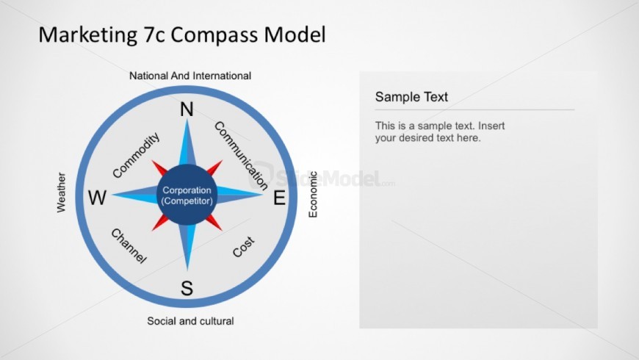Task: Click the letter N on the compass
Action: [187, 109]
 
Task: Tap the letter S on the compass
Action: [187, 288]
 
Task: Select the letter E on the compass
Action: [279, 198]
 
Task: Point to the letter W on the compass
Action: [98, 198]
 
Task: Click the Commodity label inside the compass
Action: [136, 155]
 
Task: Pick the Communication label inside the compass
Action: [241, 156]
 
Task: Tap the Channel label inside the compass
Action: [129, 246]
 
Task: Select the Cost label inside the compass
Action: [244, 247]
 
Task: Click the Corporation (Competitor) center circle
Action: [187, 195]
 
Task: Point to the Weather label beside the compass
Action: [61, 192]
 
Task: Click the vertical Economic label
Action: [313, 195]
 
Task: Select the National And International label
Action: [190, 76]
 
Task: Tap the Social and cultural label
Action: [190, 321]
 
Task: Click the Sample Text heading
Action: [411, 97]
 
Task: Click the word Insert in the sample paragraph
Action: [491, 126]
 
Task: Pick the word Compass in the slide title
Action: [214, 35]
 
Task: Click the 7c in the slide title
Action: [154, 35]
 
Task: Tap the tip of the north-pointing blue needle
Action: [187, 118]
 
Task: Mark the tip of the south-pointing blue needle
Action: [187, 270]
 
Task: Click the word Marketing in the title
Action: [88, 35]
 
